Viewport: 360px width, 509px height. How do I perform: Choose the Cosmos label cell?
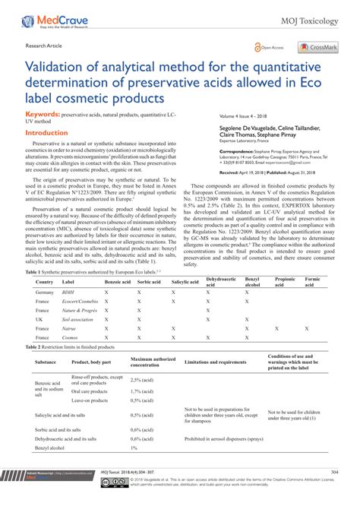(71, 339)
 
